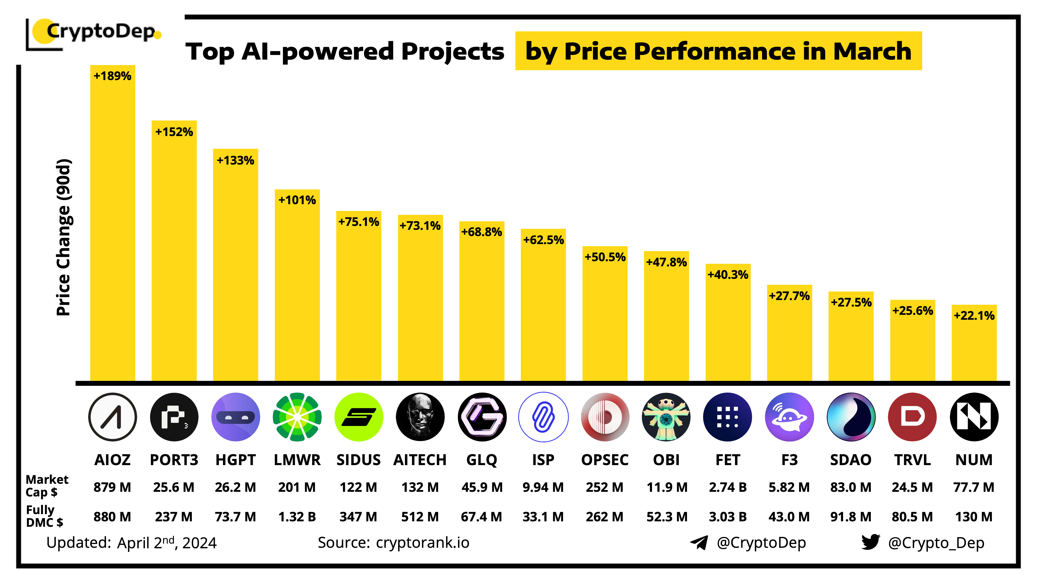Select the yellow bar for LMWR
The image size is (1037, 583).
[297, 290]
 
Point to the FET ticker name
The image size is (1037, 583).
[727, 459]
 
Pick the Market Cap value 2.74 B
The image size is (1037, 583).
[727, 487]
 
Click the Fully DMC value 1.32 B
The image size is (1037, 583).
[297, 517]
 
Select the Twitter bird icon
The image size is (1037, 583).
[870, 542]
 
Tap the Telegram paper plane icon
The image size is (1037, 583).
[699, 542]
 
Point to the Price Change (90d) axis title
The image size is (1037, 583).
[64, 237]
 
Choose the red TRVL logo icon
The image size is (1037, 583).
[912, 417]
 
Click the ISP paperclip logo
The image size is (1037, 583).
[543, 417]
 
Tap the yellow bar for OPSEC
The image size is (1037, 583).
[605, 318]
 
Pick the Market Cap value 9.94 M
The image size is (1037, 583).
[543, 487]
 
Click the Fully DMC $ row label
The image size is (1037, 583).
[44, 516]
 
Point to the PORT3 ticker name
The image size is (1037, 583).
[174, 459]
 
